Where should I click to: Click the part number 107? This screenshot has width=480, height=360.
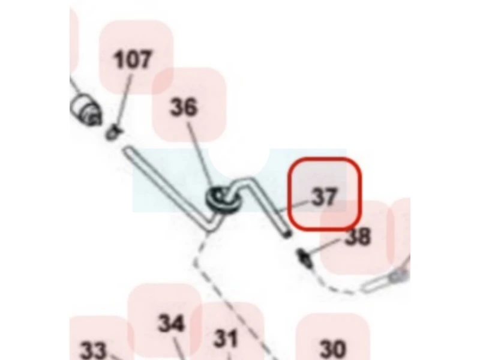[x=132, y=59]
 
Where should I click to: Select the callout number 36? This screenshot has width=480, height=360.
[x=184, y=107]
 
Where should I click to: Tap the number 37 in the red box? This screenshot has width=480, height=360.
[x=325, y=197]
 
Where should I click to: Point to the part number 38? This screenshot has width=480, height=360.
[x=358, y=236]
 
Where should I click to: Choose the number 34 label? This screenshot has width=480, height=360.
[x=172, y=323]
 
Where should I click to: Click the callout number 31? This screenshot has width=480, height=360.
[x=226, y=338]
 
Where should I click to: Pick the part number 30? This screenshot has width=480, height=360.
[x=333, y=349]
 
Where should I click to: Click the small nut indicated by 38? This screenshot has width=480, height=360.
[x=305, y=257]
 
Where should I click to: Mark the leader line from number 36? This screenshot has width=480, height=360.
[x=200, y=155]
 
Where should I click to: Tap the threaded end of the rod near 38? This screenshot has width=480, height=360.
[x=287, y=234]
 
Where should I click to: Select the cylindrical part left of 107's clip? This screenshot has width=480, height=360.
[x=86, y=110]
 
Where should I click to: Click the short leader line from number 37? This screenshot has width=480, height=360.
[x=293, y=206]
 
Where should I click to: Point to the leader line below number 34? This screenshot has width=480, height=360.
[x=179, y=347]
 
